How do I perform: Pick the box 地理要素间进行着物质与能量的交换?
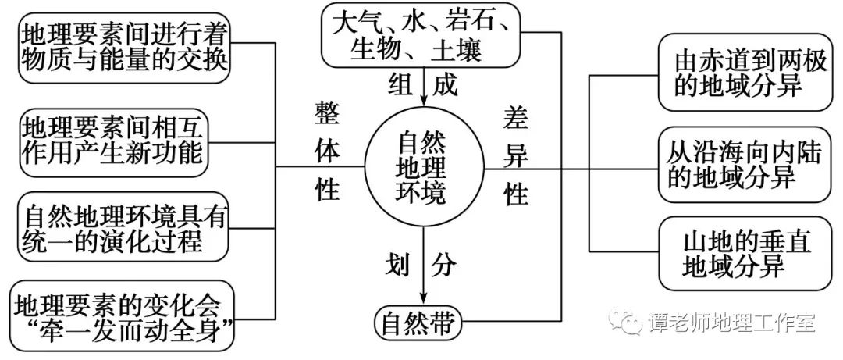(125, 47)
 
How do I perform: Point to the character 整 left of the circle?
(325, 114)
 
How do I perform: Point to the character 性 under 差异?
(516, 194)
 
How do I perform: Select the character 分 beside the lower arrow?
(443, 266)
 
